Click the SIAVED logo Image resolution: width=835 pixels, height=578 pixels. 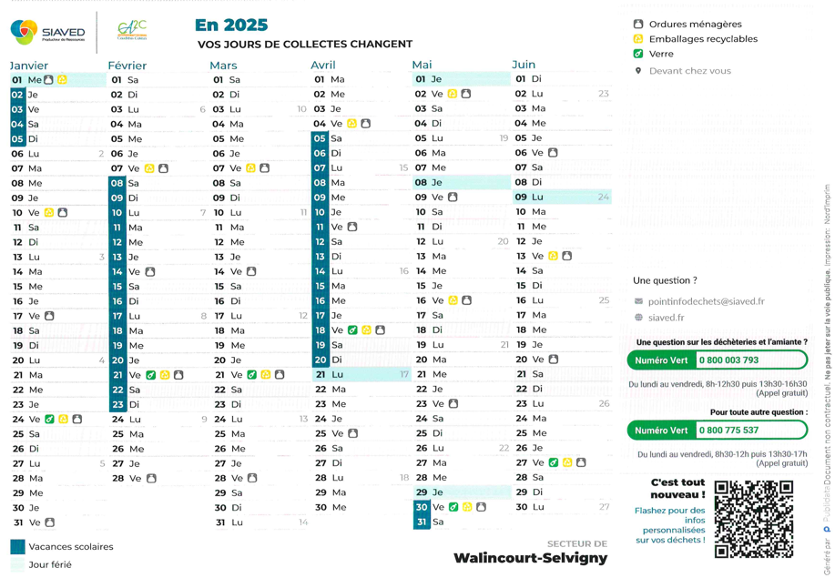click(x=47, y=32)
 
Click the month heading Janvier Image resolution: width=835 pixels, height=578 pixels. click(x=29, y=66)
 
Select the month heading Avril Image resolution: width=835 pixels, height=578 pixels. click(x=323, y=66)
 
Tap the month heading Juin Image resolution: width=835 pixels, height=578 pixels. click(x=524, y=65)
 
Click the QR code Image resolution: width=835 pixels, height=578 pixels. click(x=753, y=519)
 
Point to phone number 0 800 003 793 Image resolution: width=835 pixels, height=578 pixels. click(x=728, y=360)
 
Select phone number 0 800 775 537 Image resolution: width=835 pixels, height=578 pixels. click(x=728, y=431)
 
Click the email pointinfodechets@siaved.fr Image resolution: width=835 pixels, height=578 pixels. click(x=706, y=301)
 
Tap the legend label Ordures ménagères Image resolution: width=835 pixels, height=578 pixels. click(x=695, y=25)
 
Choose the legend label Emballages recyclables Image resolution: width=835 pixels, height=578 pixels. click(x=703, y=39)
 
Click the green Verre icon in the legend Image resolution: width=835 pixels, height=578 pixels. click(x=638, y=54)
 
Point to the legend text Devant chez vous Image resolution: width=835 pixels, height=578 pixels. click(x=689, y=71)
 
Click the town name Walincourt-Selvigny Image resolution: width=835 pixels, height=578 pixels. click(x=530, y=558)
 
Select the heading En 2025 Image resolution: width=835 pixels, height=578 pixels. click(x=231, y=25)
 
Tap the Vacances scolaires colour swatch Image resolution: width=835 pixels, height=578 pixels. click(x=17, y=547)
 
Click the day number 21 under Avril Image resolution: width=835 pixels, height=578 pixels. click(x=321, y=375)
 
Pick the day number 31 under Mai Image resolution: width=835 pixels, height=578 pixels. click(x=421, y=522)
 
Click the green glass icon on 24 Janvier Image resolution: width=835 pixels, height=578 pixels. click(x=49, y=420)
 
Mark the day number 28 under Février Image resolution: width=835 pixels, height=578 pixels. click(x=117, y=478)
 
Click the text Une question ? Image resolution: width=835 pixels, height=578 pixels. click(x=665, y=280)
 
